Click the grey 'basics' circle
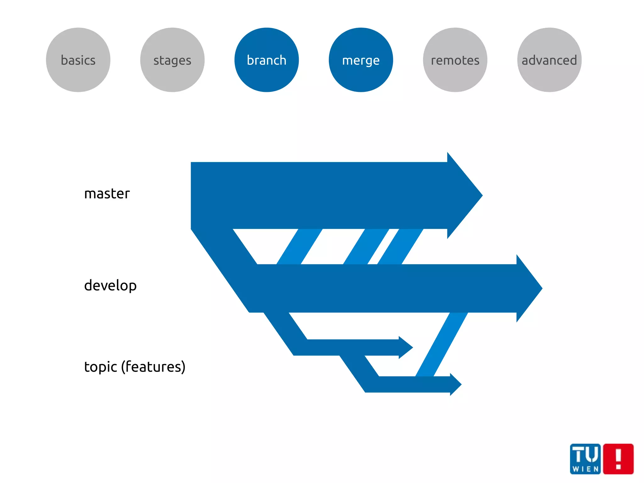pyautogui.click(x=78, y=60)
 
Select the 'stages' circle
pyautogui.click(x=172, y=60)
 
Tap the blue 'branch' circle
pyautogui.click(x=267, y=60)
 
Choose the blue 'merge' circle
pyautogui.click(x=361, y=60)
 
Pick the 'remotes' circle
pyautogui.click(x=455, y=60)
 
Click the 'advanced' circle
pyautogui.click(x=549, y=60)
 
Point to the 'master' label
pyautogui.click(x=107, y=194)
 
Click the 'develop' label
pyautogui.click(x=110, y=285)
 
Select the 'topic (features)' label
pyautogui.click(x=135, y=367)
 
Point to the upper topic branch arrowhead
pyautogui.click(x=405, y=347)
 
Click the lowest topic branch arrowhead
pyautogui.click(x=455, y=384)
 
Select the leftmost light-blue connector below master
pyautogui.click(x=299, y=246)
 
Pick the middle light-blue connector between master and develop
pyautogui.click(x=366, y=246)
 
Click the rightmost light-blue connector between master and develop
pyautogui.click(x=400, y=246)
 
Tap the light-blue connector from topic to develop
pyautogui.click(x=441, y=345)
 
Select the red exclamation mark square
pyautogui.click(x=618, y=459)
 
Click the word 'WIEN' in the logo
pyautogui.click(x=585, y=469)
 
